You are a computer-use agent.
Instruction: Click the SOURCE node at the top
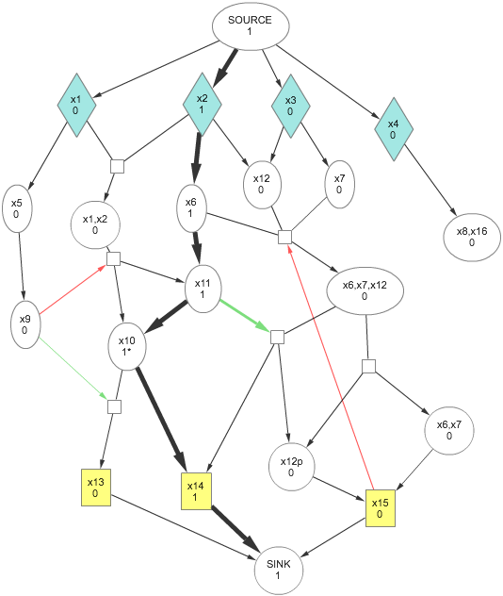pyautogui.click(x=251, y=25)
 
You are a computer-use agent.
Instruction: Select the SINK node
pyautogui.click(x=279, y=571)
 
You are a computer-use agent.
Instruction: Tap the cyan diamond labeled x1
pyautogui.click(x=76, y=105)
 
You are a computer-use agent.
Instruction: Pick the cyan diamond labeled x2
pyautogui.click(x=202, y=104)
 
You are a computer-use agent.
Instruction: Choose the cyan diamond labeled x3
pyautogui.click(x=290, y=106)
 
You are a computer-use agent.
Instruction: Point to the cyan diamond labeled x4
pyautogui.click(x=394, y=129)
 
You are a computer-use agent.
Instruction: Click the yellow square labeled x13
pyautogui.click(x=96, y=488)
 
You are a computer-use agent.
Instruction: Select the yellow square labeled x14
pyautogui.click(x=196, y=491)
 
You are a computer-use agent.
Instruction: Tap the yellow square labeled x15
pyautogui.click(x=380, y=508)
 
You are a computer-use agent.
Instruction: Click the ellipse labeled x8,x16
pyautogui.click(x=472, y=238)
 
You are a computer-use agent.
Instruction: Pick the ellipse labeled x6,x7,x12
pyautogui.click(x=365, y=290)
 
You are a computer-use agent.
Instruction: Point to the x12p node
pyautogui.click(x=292, y=467)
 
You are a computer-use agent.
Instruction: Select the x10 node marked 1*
pyautogui.click(x=127, y=346)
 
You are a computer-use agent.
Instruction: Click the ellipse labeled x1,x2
pyautogui.click(x=95, y=224)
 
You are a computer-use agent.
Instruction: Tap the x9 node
pyautogui.click(x=25, y=324)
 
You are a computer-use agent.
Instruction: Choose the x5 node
pyautogui.click(x=17, y=208)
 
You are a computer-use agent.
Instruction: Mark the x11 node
pyautogui.click(x=203, y=289)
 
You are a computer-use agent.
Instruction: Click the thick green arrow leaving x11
pyautogui.click(x=245, y=315)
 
